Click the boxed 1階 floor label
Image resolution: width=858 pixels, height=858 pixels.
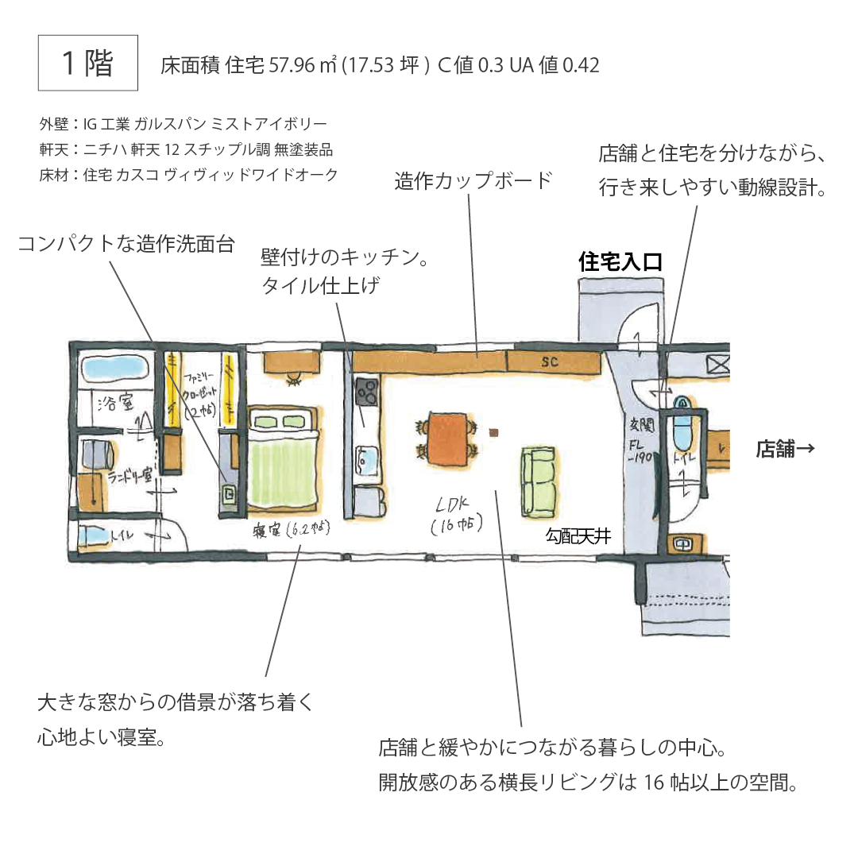pos(88,63)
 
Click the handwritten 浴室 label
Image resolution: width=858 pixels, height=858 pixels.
pos(114,403)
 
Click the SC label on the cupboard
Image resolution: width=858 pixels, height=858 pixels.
pos(551,362)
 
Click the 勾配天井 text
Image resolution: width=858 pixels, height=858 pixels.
pos(578,536)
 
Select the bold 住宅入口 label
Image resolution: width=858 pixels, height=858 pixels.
pos(620,262)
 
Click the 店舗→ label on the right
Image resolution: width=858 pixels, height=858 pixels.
pos(784,450)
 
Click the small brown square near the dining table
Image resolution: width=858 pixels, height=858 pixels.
pos(495,432)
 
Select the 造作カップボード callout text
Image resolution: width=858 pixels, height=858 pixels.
pos(473,180)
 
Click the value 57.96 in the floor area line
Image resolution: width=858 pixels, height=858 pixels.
pos(292,65)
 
